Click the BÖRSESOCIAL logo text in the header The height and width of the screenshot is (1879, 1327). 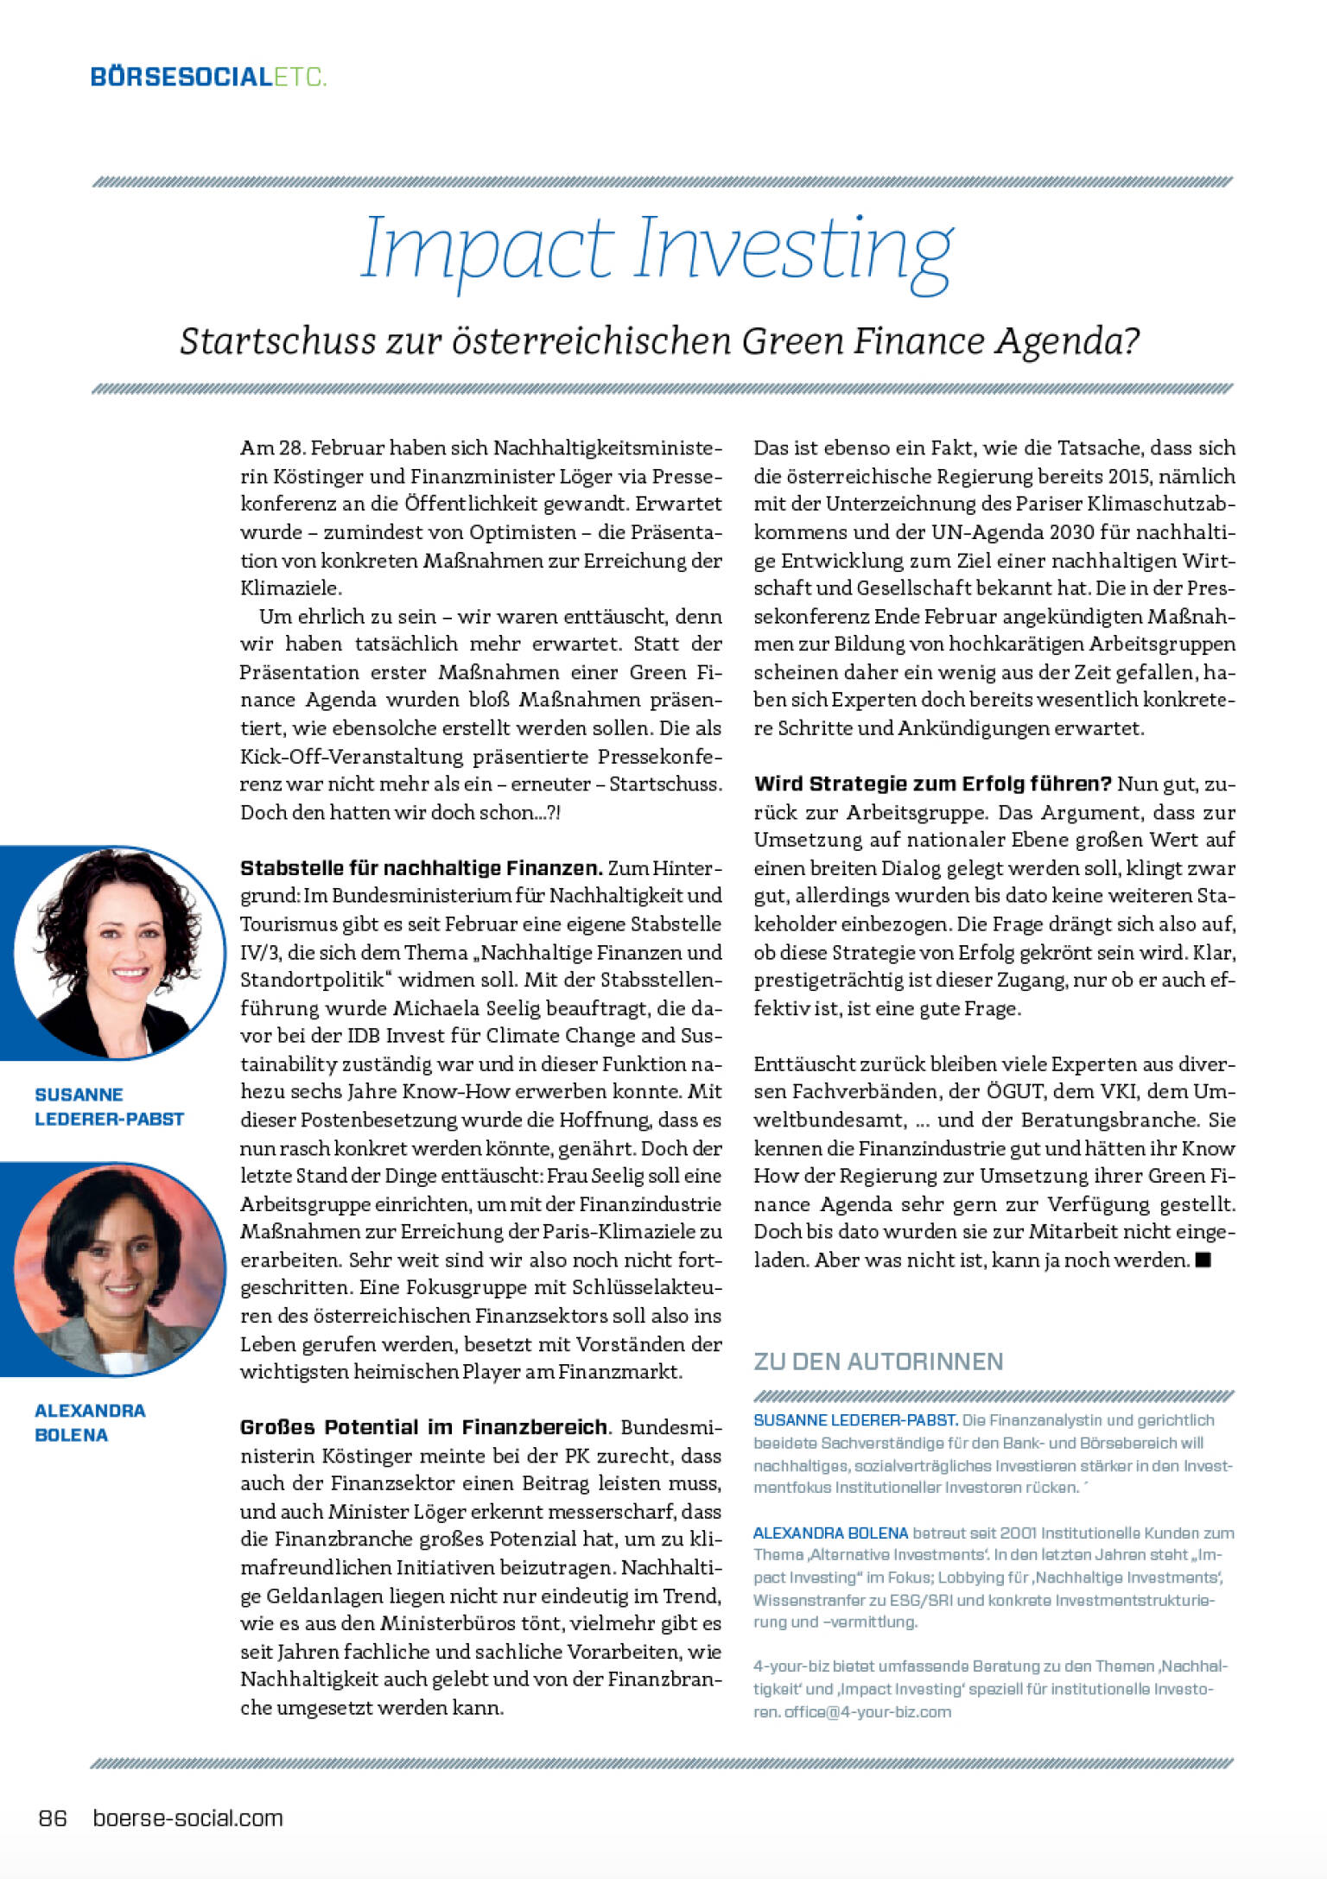[181, 77]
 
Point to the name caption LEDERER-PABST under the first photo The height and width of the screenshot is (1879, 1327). [109, 1119]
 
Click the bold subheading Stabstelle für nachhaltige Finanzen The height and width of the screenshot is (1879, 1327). [421, 868]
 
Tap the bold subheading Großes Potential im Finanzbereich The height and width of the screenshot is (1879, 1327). [424, 1427]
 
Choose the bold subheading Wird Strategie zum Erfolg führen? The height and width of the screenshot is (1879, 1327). [932, 784]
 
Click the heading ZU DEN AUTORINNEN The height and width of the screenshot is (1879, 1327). [878, 1362]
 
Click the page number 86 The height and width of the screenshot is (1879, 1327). [53, 1819]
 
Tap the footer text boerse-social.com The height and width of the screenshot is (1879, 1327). [187, 1819]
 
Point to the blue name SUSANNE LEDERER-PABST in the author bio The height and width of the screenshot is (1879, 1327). [854, 1419]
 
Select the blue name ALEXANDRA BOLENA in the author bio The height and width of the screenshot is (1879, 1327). [830, 1533]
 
